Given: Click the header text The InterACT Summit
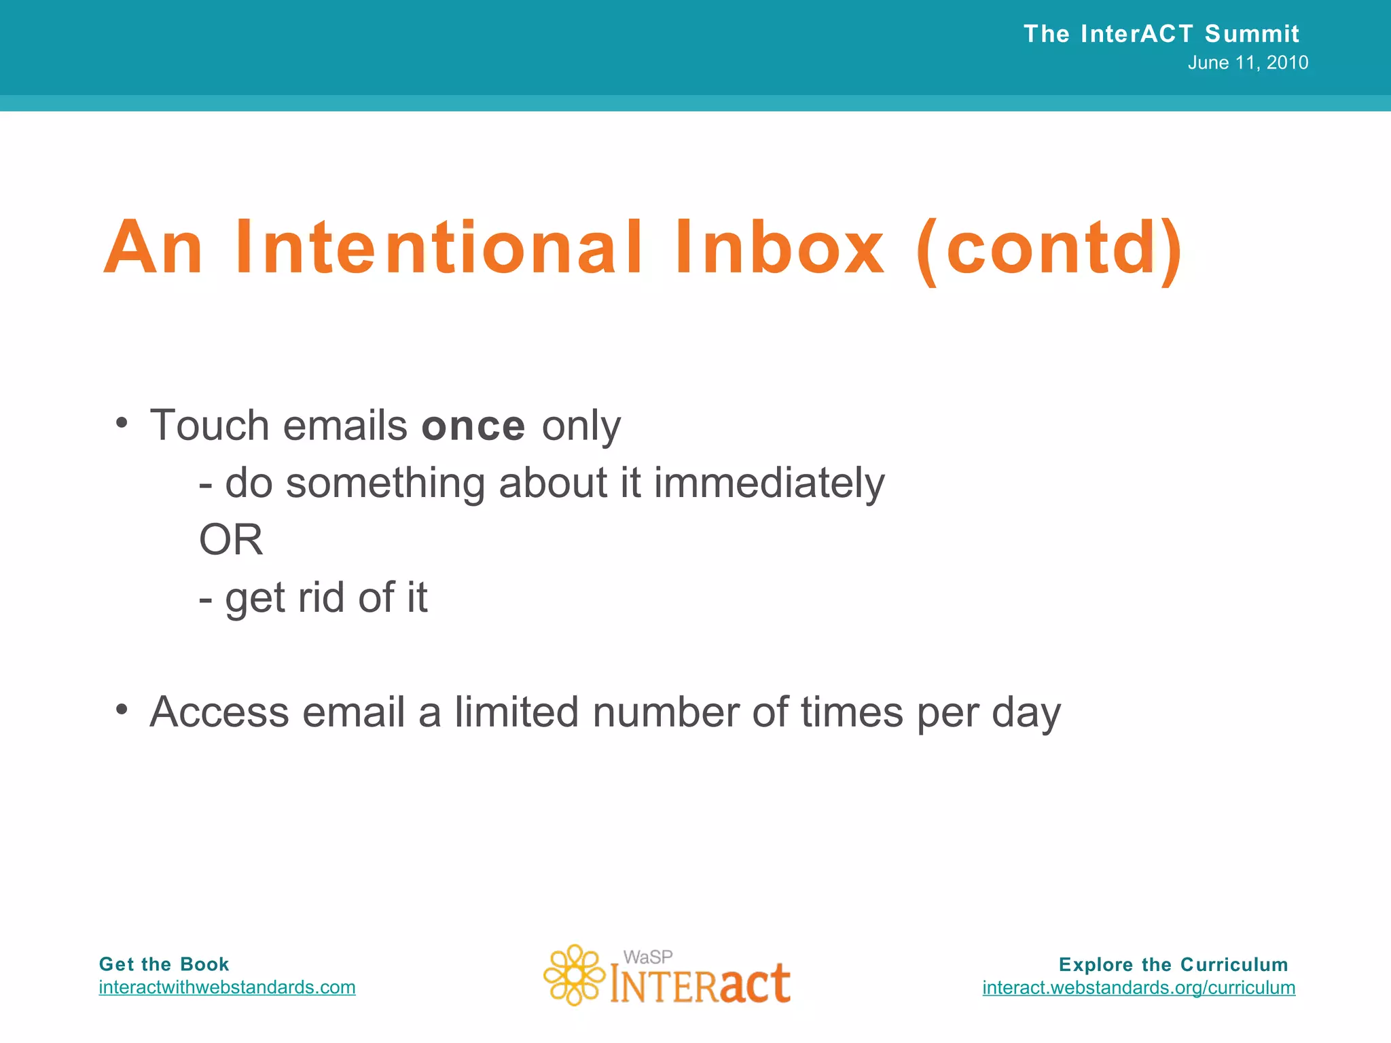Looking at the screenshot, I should (1161, 34).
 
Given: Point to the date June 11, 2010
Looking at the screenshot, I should (1248, 63).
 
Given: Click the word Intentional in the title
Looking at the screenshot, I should (438, 248).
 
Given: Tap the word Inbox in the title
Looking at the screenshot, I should (779, 248).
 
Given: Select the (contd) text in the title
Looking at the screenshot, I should (1049, 250).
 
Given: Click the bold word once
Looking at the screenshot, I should (473, 426).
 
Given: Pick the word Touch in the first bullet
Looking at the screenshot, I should (209, 426).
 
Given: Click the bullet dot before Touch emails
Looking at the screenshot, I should (122, 423).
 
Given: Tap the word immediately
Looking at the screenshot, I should (769, 484).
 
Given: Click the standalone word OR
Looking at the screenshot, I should (231, 541).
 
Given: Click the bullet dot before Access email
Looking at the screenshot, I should (122, 710).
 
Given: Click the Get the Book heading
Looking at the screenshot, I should (164, 964).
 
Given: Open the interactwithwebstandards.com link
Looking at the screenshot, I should (227, 987).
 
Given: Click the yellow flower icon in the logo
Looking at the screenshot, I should (574, 975).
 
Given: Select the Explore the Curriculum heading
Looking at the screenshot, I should (1173, 965).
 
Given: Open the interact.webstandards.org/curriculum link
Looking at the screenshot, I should (1138, 988).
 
